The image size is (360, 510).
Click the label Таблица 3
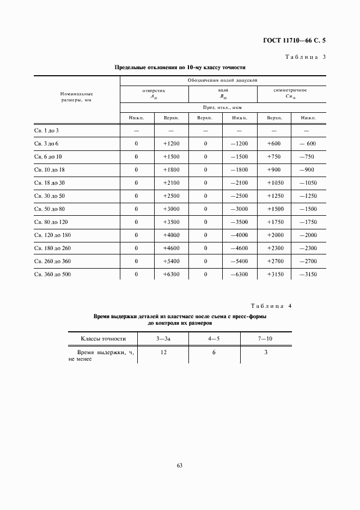tap(306, 57)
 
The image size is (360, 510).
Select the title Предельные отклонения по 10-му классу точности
tap(180, 68)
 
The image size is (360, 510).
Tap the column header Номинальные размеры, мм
tap(77, 97)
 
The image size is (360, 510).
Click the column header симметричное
tap(290, 90)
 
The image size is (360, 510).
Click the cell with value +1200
tap(170, 143)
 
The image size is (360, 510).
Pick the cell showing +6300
tap(170, 274)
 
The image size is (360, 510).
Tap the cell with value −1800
tap(239, 169)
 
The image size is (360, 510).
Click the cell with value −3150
tap(308, 274)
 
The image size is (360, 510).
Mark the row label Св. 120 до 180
tap(53, 235)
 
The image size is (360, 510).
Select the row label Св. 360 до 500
tap(53, 274)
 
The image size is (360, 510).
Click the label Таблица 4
tap(271, 306)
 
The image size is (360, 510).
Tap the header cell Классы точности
tap(103, 338)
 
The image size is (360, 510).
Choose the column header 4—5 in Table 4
tap(213, 338)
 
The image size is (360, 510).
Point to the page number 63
tap(180, 465)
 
